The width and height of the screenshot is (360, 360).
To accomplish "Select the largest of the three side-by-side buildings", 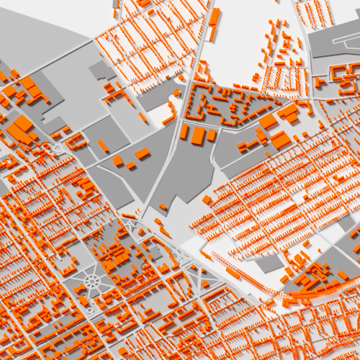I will pyautogui.click(x=197, y=135).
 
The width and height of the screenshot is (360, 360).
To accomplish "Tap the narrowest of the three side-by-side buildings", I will pyautogui.click(x=184, y=132).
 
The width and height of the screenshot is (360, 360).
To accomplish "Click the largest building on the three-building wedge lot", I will pyautogui.click(x=143, y=153).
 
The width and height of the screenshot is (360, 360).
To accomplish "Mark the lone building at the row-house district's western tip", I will pyautogui.click(x=207, y=199).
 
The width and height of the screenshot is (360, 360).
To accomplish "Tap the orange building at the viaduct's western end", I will pyautogui.click(x=233, y=272).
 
